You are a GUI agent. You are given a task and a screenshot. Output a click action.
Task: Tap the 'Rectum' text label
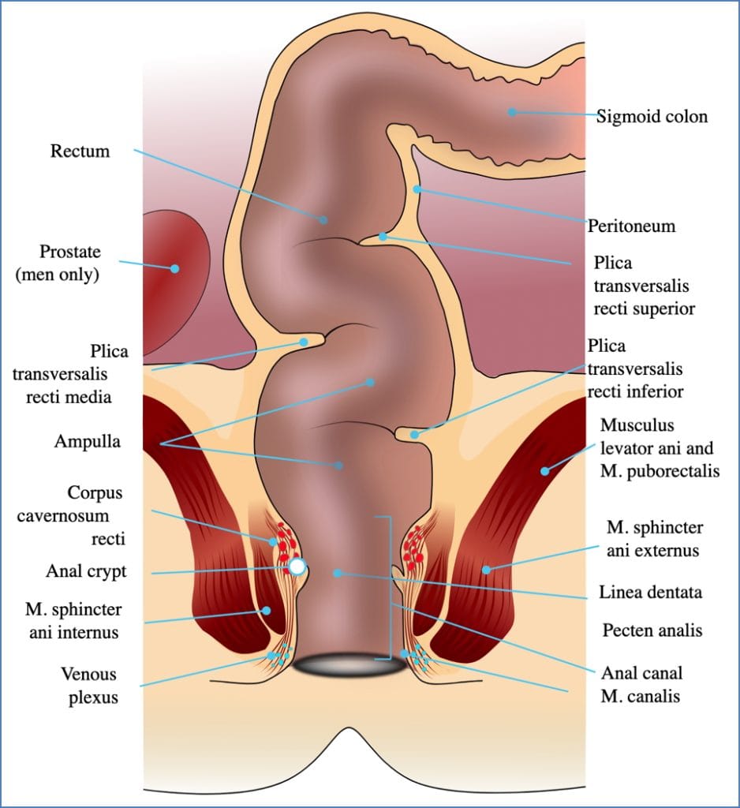[x=80, y=151]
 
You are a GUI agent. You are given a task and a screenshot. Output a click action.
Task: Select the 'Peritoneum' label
[x=631, y=226]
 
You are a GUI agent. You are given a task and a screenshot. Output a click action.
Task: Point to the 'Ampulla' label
[x=88, y=442]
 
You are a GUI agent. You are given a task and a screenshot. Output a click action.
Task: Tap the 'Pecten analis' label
[x=652, y=630]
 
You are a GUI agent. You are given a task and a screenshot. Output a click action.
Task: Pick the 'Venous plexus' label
[x=88, y=685]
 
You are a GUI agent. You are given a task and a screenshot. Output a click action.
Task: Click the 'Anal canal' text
[x=641, y=673]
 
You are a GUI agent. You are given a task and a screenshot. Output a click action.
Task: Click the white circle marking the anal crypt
[x=297, y=567]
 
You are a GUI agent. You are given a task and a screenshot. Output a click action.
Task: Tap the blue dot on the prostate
[x=175, y=268]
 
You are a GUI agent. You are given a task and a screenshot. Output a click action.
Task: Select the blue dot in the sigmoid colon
[x=512, y=112]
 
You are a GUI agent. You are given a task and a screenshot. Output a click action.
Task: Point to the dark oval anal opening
[x=349, y=665]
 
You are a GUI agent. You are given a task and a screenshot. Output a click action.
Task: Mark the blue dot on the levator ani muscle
[x=544, y=471]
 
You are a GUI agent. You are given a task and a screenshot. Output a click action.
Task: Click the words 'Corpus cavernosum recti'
[x=95, y=516]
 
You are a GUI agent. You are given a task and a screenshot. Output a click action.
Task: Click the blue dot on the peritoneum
[x=417, y=189]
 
